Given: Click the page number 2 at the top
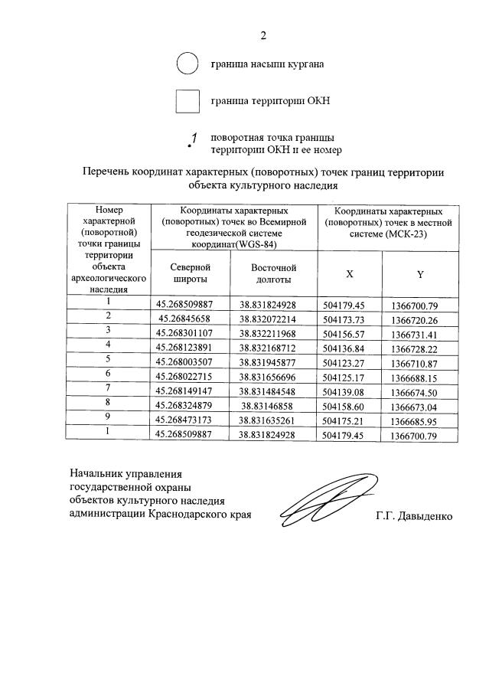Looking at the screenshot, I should tap(263, 35).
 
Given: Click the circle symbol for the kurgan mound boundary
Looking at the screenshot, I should tap(187, 64).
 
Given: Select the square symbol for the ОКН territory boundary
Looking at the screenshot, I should tap(187, 101).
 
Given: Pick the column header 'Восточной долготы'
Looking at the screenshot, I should tap(273, 273).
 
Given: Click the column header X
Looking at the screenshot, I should tap(350, 274).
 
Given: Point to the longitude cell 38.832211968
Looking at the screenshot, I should tap(273, 333).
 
